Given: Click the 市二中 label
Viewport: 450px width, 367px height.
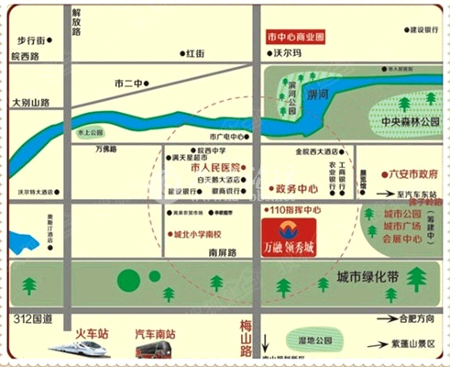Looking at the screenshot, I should pyautogui.click(x=129, y=83).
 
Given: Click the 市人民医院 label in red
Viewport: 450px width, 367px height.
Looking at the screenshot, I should pyautogui.click(x=214, y=168).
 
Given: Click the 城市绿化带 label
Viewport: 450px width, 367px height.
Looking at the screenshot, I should pyautogui.click(x=367, y=276).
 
